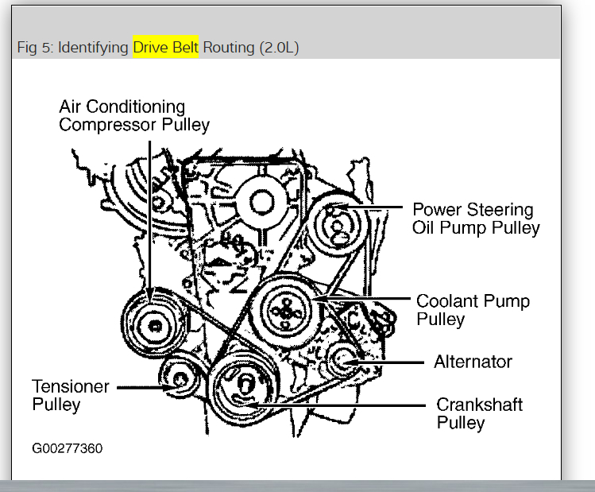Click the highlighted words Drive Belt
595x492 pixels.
(165, 47)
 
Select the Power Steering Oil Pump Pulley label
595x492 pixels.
(474, 219)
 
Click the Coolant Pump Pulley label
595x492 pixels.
(473, 310)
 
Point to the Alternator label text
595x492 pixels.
(473, 362)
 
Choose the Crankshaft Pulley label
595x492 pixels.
(479, 413)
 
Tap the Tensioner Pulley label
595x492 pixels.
(70, 395)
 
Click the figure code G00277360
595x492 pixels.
(68, 447)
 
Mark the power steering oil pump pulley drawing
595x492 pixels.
(338, 223)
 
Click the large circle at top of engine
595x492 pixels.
(261, 201)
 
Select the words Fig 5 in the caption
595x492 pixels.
(34, 47)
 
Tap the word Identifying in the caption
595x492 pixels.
(93, 47)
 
